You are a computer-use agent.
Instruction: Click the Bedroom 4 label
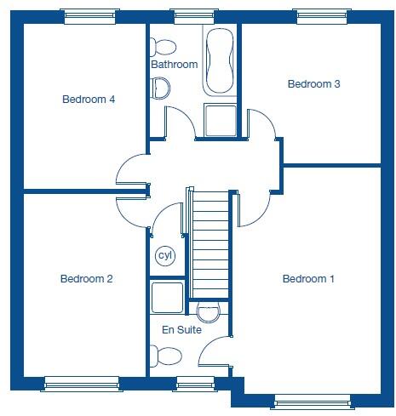pyautogui.click(x=89, y=100)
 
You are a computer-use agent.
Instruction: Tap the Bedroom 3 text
pyautogui.click(x=313, y=83)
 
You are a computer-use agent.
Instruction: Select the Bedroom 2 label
pyautogui.click(x=86, y=279)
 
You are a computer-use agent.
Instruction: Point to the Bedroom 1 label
pyautogui.click(x=308, y=279)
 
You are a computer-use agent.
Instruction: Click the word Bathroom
pyautogui.click(x=174, y=65)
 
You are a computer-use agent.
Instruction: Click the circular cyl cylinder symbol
pyautogui.click(x=164, y=255)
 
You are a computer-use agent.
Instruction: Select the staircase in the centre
pyautogui.click(x=209, y=242)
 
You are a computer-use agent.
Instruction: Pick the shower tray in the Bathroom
pyautogui.click(x=221, y=121)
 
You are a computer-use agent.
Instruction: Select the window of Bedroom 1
pyautogui.click(x=312, y=401)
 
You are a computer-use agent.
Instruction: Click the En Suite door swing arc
pyautogui.click(x=216, y=349)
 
